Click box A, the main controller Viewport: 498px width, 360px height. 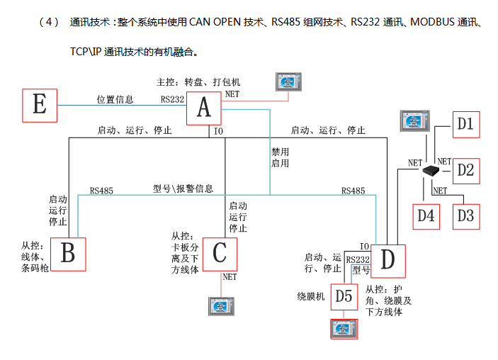pyautogui.click(x=204, y=107)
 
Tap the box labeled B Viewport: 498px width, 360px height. pyautogui.click(x=68, y=253)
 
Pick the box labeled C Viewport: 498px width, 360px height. pyautogui.click(x=220, y=254)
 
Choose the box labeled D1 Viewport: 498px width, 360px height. pyautogui.click(x=465, y=125)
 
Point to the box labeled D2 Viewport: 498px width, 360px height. pyautogui.click(x=465, y=170)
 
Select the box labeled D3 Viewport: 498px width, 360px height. pyautogui.click(x=465, y=215)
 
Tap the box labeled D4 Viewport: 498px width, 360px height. pyautogui.click(x=425, y=215)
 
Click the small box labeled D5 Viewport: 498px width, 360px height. pyautogui.click(x=344, y=296)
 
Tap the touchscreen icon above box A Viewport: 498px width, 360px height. pyautogui.click(x=288, y=82)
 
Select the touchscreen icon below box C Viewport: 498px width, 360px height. pyautogui.click(x=220, y=305)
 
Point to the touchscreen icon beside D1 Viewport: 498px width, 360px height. pyautogui.click(x=415, y=120)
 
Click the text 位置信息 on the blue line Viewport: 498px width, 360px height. pyautogui.click(x=115, y=99)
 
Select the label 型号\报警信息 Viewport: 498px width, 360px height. pyautogui.click(x=183, y=189)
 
